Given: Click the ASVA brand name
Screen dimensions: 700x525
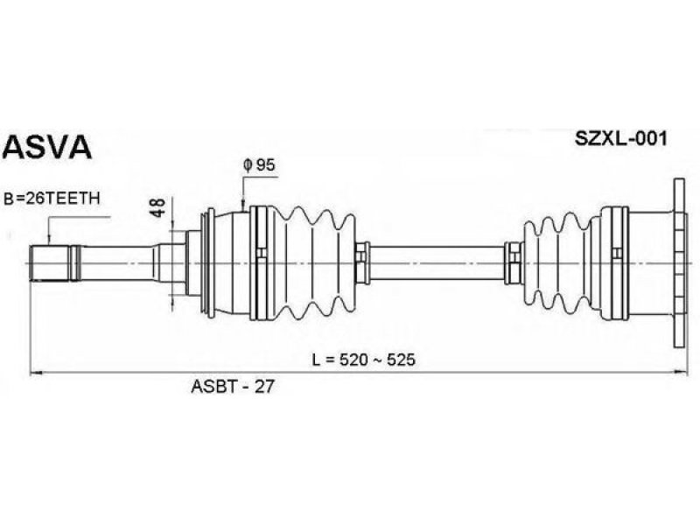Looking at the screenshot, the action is (x=47, y=146).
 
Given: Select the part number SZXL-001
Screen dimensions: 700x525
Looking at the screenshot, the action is (x=621, y=139).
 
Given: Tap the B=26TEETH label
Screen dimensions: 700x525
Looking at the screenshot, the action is (x=52, y=199).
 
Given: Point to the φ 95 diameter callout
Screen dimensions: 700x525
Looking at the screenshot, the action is (x=259, y=165).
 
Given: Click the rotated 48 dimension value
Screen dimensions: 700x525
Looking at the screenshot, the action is (x=157, y=207).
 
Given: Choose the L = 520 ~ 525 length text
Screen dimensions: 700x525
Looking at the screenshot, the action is (x=364, y=360).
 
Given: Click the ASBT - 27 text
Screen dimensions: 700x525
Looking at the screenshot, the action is (x=232, y=387).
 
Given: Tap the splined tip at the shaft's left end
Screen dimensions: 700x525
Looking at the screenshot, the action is (x=50, y=263).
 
